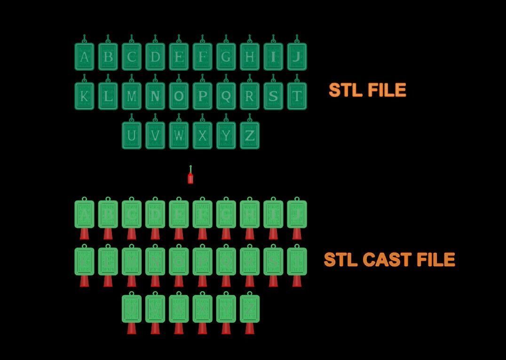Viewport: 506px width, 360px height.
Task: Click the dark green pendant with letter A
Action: [85, 57]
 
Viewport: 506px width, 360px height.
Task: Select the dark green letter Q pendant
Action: [226, 96]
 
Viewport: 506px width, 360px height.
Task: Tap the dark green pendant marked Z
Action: [250, 136]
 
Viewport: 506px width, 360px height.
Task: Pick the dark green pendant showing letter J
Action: [297, 57]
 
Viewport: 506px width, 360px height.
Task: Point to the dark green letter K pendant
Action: [85, 96]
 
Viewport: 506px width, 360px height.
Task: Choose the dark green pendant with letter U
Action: [132, 136]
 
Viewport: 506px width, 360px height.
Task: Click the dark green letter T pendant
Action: [297, 96]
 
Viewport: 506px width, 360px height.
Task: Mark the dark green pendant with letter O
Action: [179, 96]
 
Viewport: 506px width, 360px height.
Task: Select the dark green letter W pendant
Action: [179, 136]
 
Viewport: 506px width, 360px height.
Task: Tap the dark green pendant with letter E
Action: [179, 57]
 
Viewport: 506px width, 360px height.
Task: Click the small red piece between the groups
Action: [190, 178]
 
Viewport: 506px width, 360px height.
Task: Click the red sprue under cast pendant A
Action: [85, 233]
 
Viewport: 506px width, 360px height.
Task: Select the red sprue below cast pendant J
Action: [297, 233]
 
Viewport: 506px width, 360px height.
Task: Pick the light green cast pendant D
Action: [155, 215]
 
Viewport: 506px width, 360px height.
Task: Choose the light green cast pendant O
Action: [179, 262]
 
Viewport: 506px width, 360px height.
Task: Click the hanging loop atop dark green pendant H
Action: [250, 39]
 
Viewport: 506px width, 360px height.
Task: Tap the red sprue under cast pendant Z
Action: [250, 328]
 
